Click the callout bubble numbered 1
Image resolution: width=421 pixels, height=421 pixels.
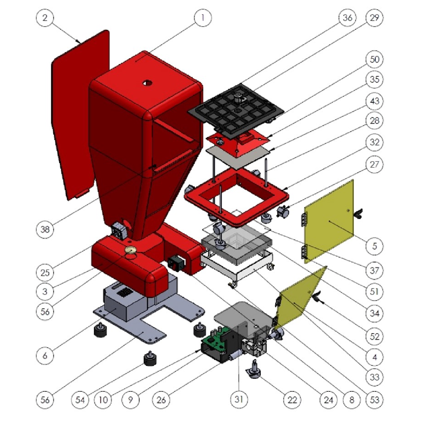(202, 17)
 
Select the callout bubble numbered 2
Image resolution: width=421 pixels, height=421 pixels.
(45, 17)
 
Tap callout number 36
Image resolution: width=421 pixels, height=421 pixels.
(347, 17)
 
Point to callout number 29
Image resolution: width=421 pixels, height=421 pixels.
(374, 17)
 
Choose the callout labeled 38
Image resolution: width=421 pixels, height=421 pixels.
(45, 229)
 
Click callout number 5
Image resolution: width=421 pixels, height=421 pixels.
(374, 245)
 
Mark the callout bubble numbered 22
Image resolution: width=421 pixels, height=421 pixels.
(292, 400)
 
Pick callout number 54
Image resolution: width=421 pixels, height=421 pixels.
(80, 400)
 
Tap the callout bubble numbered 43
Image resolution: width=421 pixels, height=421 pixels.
(374, 101)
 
